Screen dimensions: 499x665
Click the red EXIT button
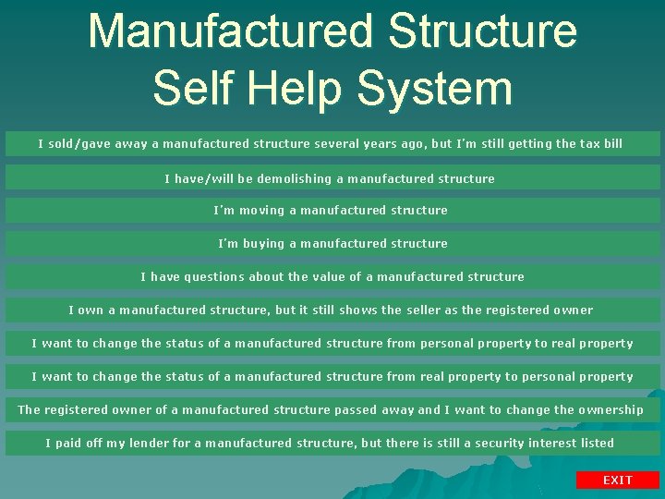click(x=618, y=480)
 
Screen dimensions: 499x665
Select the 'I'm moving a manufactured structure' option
click(x=331, y=211)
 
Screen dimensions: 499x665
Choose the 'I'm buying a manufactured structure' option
click(x=332, y=244)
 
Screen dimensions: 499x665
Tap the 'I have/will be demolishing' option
click(x=330, y=178)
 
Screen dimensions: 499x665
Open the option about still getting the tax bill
click(x=331, y=144)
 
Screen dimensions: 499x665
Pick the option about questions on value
click(x=332, y=277)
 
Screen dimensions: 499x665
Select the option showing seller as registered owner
click(x=331, y=310)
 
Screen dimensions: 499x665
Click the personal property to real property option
click(x=332, y=344)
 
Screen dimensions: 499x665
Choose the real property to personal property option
click(x=332, y=377)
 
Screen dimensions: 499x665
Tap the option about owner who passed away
click(x=331, y=410)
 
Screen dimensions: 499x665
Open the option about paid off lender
click(x=330, y=444)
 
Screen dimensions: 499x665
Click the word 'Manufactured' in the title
click(x=231, y=31)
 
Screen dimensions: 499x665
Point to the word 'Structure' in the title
click(x=483, y=31)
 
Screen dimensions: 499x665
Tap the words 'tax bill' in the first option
click(x=602, y=144)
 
